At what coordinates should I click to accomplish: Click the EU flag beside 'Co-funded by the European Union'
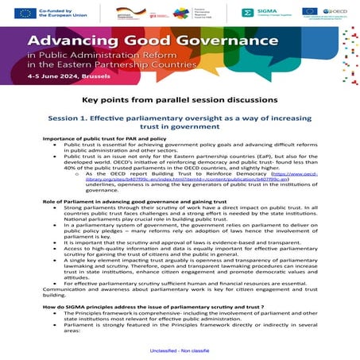(x=24, y=13)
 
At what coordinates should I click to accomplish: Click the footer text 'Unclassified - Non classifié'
(x=180, y=349)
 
